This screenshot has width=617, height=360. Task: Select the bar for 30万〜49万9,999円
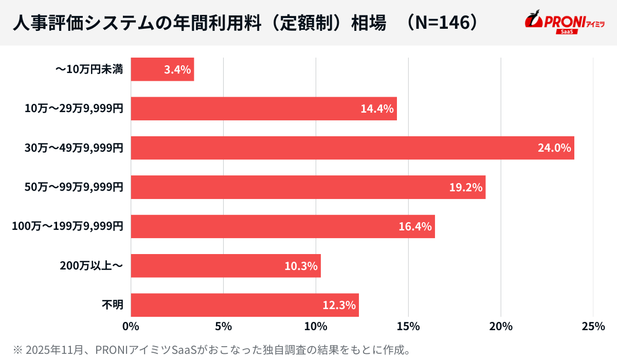pyautogui.click(x=352, y=148)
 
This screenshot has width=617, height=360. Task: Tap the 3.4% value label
pyautogui.click(x=177, y=69)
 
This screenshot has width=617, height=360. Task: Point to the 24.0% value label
pyautogui.click(x=554, y=148)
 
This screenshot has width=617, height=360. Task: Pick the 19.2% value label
pyautogui.click(x=466, y=187)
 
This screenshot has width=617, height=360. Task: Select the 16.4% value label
pyautogui.click(x=415, y=226)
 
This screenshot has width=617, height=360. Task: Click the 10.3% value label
pyautogui.click(x=301, y=266)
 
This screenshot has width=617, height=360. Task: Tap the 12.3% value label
pyautogui.click(x=339, y=305)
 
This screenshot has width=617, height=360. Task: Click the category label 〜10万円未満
pyautogui.click(x=89, y=69)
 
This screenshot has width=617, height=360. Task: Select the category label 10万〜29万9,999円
pyautogui.click(x=74, y=109)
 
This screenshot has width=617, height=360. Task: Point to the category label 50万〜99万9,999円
pyautogui.click(x=74, y=187)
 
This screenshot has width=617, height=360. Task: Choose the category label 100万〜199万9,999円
pyautogui.click(x=67, y=226)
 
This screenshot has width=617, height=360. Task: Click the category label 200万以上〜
pyautogui.click(x=92, y=266)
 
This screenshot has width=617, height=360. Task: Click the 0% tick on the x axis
pyautogui.click(x=131, y=327)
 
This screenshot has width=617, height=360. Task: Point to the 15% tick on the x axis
pyautogui.click(x=408, y=327)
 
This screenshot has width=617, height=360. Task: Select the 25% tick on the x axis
pyautogui.click(x=593, y=327)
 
